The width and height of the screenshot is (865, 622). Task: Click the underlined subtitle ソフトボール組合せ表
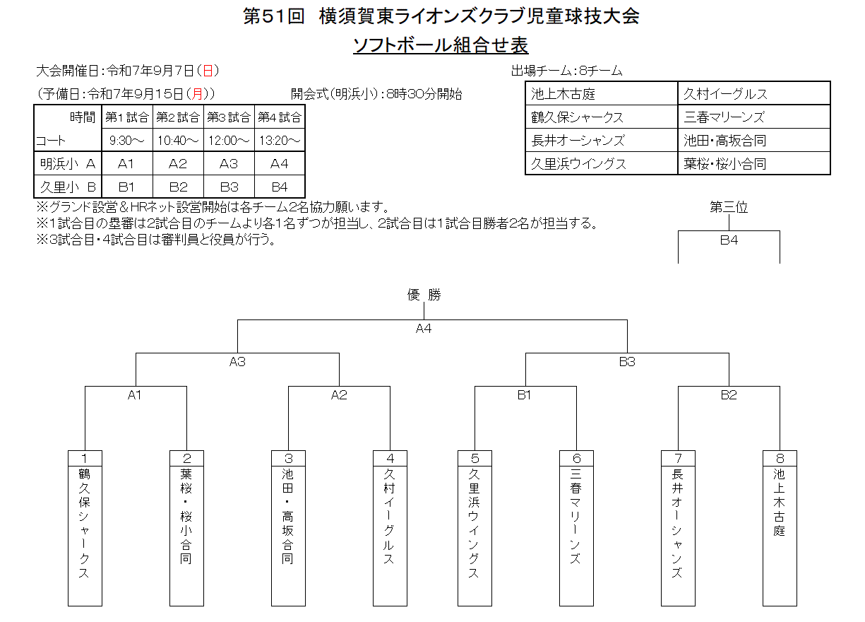click(441, 45)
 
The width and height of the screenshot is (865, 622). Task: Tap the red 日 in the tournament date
click(208, 71)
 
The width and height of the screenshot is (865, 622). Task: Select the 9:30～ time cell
click(126, 140)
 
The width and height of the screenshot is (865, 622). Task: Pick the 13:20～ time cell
click(280, 140)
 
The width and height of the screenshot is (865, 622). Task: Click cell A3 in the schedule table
click(229, 163)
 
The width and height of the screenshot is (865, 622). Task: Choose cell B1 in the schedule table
click(126, 187)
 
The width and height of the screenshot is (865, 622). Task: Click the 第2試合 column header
click(178, 117)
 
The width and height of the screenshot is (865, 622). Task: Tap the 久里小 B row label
click(68, 187)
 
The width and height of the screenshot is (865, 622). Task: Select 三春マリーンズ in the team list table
click(724, 117)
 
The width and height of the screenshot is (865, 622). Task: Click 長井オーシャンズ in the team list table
click(578, 141)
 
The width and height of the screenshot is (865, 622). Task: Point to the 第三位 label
click(729, 207)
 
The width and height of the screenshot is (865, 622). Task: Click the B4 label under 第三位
click(729, 240)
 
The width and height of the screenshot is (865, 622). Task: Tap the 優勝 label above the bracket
click(424, 295)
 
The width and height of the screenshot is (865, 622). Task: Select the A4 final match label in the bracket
click(424, 329)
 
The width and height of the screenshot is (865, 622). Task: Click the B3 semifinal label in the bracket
click(627, 362)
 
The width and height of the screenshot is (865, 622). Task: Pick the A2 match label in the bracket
click(339, 395)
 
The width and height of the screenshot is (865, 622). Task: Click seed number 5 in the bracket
click(475, 459)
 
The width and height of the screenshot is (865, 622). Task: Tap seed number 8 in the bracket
click(780, 459)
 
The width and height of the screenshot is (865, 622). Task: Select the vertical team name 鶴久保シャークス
click(84, 523)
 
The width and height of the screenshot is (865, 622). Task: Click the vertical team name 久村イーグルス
click(389, 517)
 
